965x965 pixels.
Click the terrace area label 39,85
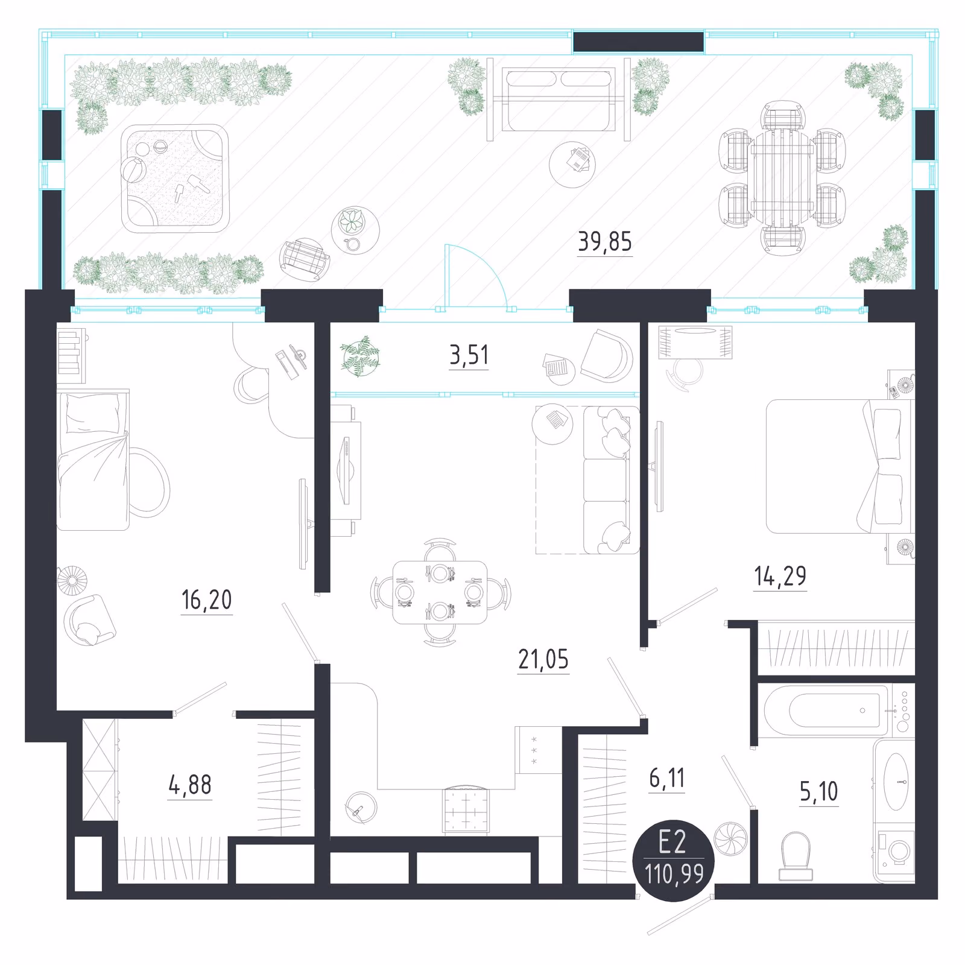coord(605,242)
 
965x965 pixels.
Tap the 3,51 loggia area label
coord(469,355)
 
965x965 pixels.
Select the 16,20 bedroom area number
coord(206,600)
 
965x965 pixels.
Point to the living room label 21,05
coord(543,659)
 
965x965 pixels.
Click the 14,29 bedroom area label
coord(780,576)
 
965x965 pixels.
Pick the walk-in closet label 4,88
coord(190,785)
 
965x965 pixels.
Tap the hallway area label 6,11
coord(667,778)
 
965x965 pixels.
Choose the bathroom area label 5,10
coord(818,791)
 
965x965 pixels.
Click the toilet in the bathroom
coord(796,856)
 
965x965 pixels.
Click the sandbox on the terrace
coord(175,179)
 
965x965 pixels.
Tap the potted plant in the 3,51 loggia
coord(360,356)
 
